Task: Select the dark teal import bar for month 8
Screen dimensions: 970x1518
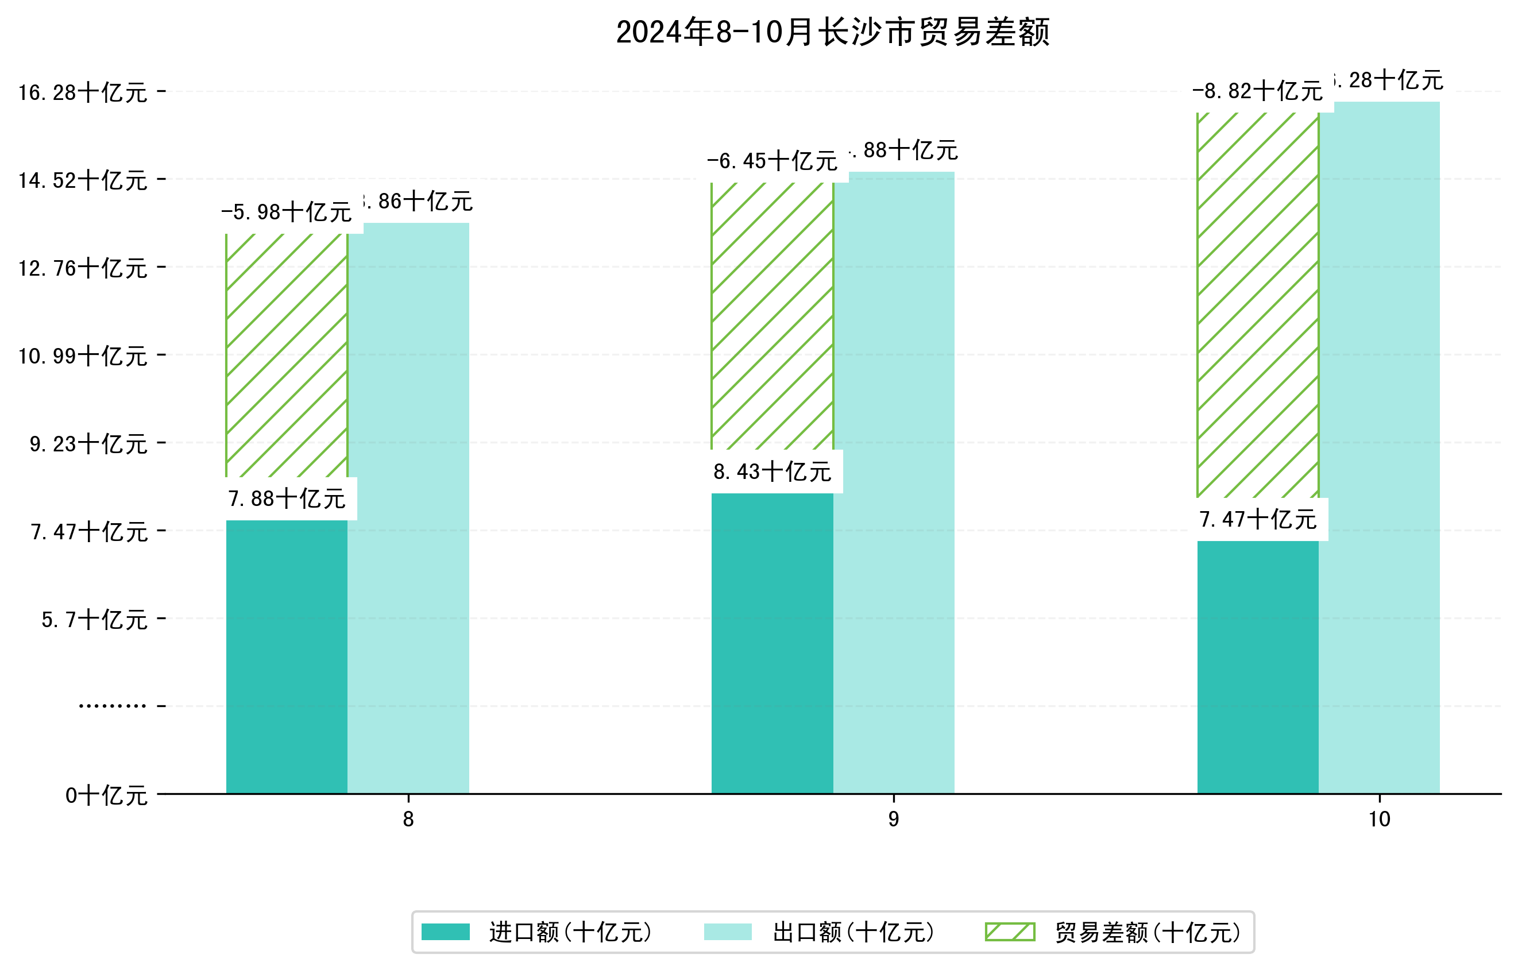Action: pos(287,655)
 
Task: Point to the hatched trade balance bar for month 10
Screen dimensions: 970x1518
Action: pos(1258,305)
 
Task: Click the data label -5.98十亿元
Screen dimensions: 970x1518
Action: pos(287,212)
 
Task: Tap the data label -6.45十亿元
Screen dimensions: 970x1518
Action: pos(772,161)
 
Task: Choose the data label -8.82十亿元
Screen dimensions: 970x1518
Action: pos(1258,91)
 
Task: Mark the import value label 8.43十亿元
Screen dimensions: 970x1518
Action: pos(772,472)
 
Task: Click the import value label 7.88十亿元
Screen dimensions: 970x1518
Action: pos(287,498)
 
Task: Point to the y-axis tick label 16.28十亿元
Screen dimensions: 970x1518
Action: pos(83,92)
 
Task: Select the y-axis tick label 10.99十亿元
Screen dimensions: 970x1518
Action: pos(83,356)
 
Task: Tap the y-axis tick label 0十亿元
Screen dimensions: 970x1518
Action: pos(106,795)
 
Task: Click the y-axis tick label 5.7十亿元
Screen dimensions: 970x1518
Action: pos(95,620)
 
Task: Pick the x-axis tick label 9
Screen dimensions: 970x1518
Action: pos(893,819)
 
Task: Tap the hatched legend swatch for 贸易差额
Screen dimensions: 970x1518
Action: pos(1010,932)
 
